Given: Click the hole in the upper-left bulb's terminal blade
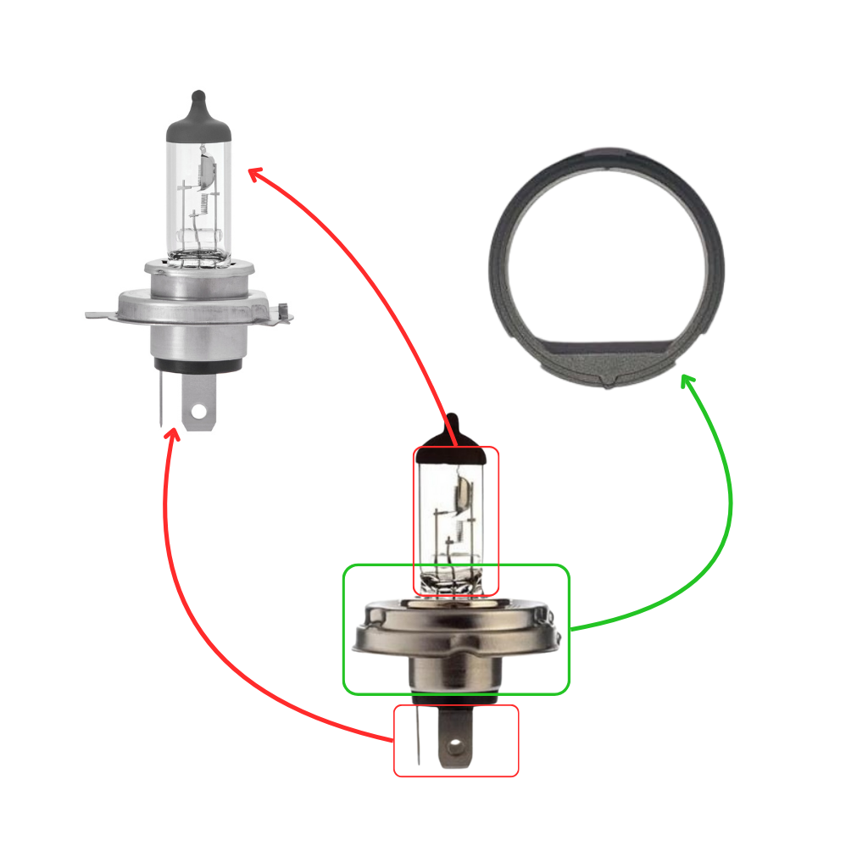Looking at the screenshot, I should coord(199,412).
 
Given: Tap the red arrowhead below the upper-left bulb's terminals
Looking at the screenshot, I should coord(172,434).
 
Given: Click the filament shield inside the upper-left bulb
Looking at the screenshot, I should coord(203,170).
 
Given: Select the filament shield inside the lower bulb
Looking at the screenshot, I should coord(465,496).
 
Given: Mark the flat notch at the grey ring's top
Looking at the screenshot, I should coord(607,159).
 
